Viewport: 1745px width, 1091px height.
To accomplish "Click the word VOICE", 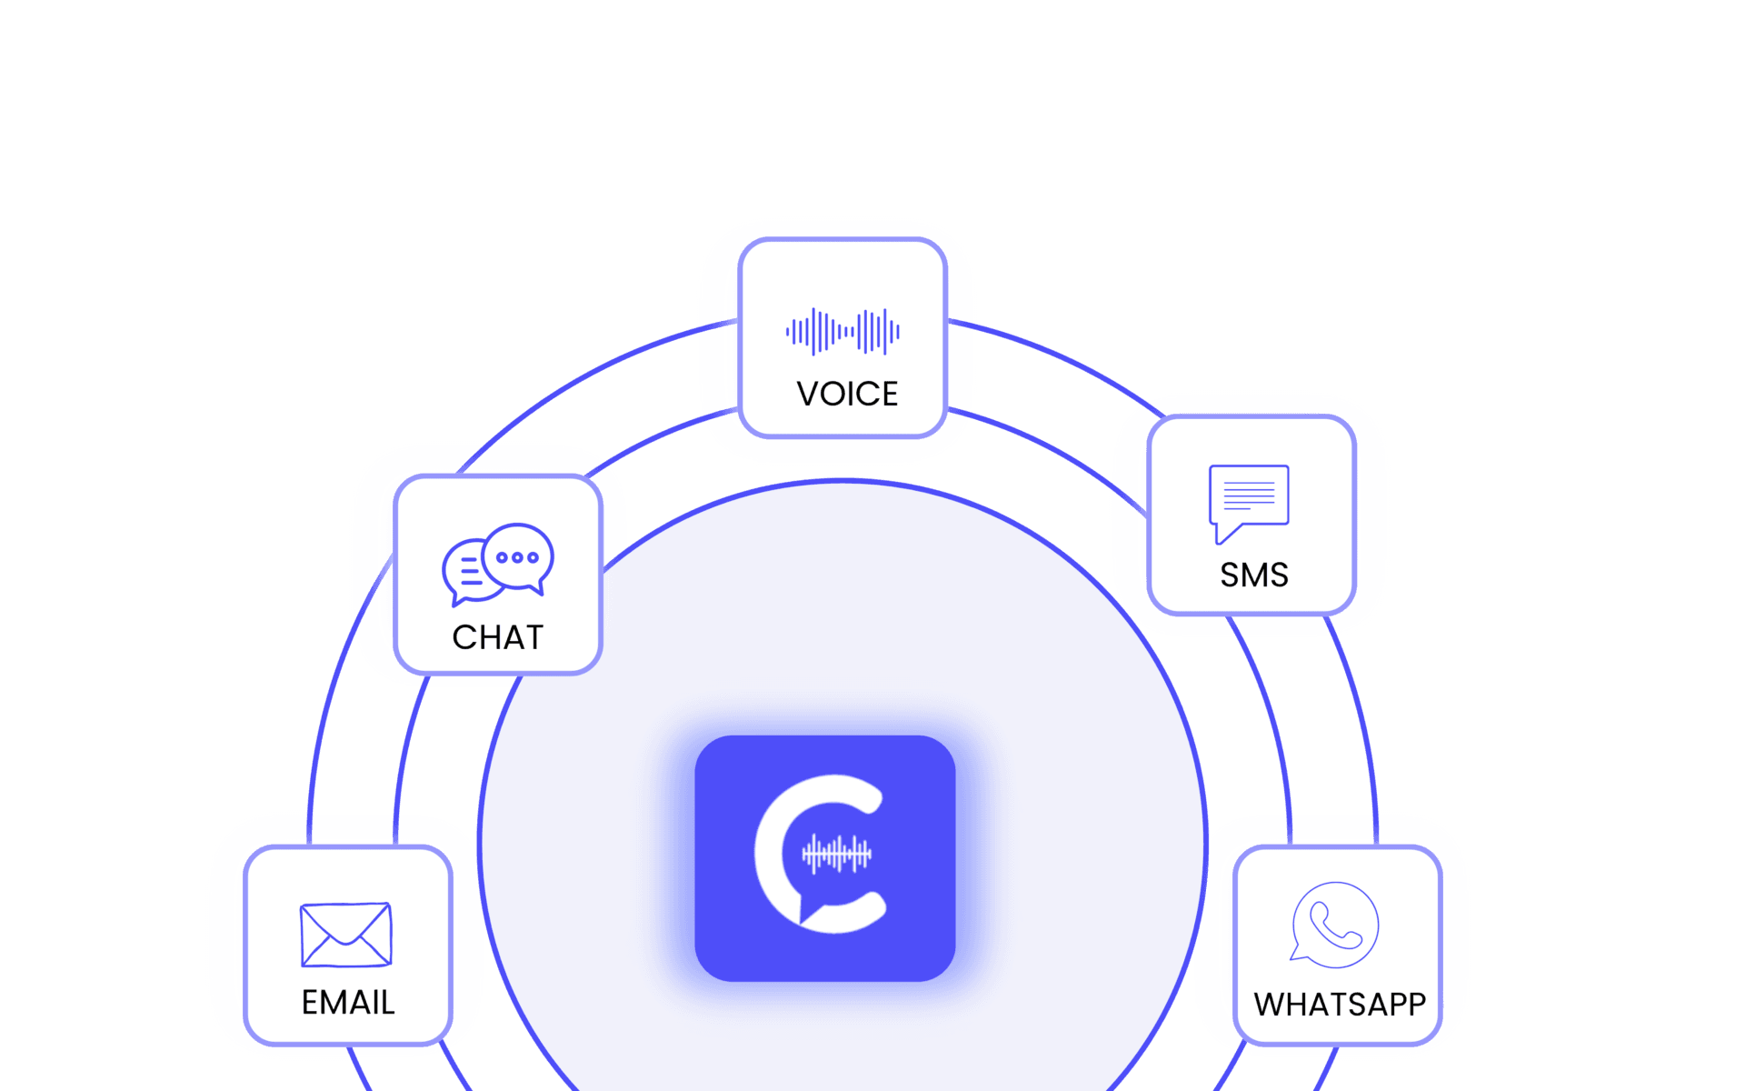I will pyautogui.click(x=847, y=394).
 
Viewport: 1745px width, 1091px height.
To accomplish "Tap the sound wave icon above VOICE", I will pyautogui.click(x=843, y=332).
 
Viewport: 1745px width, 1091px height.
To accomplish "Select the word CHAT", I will pyautogui.click(x=497, y=637).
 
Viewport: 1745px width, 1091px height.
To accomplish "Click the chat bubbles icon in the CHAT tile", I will pyautogui.click(x=497, y=565).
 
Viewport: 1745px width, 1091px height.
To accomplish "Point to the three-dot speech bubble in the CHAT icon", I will pyautogui.click(x=518, y=557).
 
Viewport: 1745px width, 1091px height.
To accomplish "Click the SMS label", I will pyautogui.click(x=1254, y=575).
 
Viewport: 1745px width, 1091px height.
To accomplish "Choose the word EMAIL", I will pyautogui.click(x=348, y=1002).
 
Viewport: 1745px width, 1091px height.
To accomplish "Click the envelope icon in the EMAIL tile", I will pyautogui.click(x=346, y=935).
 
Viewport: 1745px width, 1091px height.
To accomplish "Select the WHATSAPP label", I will pyautogui.click(x=1340, y=1004).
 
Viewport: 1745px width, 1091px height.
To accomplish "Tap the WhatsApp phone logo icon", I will pyautogui.click(x=1334, y=925).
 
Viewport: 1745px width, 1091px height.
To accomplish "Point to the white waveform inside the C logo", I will pyautogui.click(x=836, y=854).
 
